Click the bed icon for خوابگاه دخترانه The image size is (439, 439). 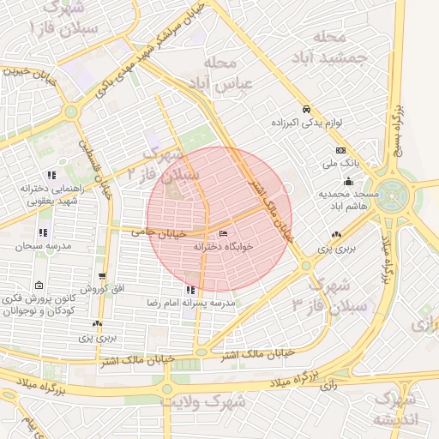224,233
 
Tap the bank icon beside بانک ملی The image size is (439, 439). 340,149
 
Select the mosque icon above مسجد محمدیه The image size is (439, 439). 348,182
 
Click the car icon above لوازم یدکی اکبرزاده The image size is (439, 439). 307,110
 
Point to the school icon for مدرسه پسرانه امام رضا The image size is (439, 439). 189,290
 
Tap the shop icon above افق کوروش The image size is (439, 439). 102,276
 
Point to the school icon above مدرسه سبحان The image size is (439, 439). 43,232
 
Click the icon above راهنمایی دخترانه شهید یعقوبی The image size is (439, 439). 51,175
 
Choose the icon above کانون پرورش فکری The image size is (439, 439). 38,286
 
